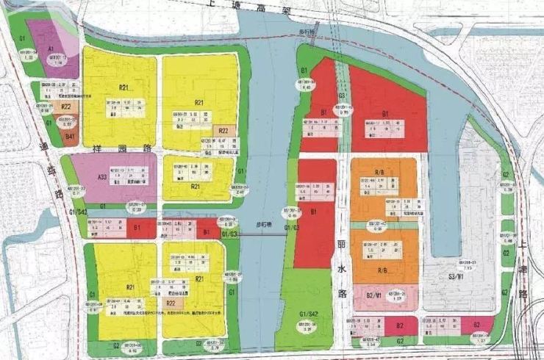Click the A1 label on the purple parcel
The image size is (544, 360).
[51, 48]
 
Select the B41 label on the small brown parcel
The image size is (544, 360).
[71, 137]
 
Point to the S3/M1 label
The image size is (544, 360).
[455, 277]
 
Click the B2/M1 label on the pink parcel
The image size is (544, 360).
[373, 295]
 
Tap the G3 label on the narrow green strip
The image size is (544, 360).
[342, 96]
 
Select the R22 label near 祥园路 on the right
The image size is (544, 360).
[223, 132]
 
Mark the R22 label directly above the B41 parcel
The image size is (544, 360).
[65, 107]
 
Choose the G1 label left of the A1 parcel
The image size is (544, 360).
[22, 37]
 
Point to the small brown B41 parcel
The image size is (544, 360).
[71, 136]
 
